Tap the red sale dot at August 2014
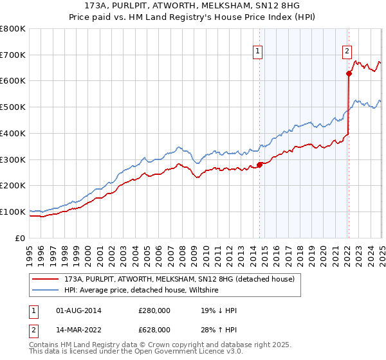click(x=260, y=165)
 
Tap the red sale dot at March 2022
click(x=349, y=73)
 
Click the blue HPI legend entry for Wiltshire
click(x=142, y=291)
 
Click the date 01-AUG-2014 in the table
click(x=78, y=310)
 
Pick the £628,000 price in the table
click(x=154, y=329)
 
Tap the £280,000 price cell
click(x=154, y=310)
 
